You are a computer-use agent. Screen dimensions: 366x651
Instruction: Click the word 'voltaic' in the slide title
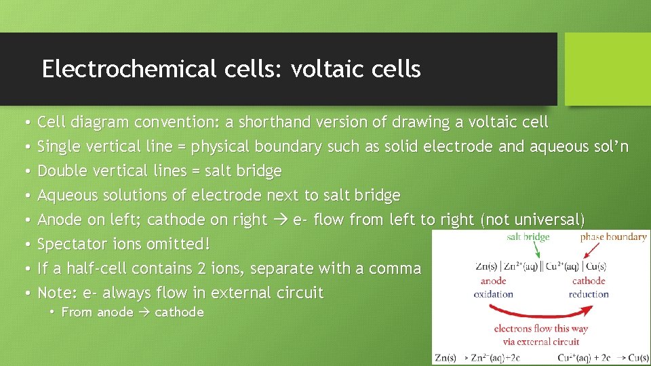coord(319,69)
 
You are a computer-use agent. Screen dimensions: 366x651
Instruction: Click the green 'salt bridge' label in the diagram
coord(528,237)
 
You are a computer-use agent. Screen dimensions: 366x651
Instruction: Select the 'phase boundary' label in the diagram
coord(613,237)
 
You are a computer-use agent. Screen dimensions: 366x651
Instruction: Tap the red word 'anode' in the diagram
coord(493,281)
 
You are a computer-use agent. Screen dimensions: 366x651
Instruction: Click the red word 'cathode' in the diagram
coord(588,281)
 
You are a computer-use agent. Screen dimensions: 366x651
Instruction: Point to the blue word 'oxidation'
coord(493,294)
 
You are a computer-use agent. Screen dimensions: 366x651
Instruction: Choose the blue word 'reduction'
coord(589,294)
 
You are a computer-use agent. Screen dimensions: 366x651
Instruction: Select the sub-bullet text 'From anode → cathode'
coord(132,312)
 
